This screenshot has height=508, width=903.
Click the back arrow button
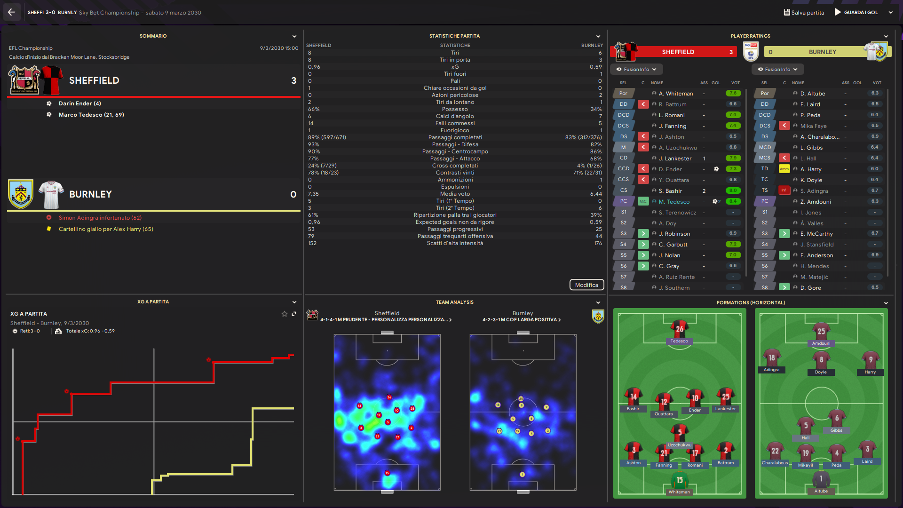pyautogui.click(x=11, y=13)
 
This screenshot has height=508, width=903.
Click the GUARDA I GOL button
pyautogui.click(x=856, y=13)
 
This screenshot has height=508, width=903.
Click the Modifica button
pyautogui.click(x=586, y=285)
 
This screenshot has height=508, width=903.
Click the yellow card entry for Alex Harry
pyautogui.click(x=106, y=229)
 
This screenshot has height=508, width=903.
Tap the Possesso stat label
pyautogui.click(x=455, y=109)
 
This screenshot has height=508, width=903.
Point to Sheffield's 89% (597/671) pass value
pyautogui.click(x=327, y=137)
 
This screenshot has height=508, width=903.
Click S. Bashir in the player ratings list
pyautogui.click(x=670, y=191)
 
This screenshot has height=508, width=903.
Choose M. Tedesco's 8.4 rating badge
pyautogui.click(x=733, y=201)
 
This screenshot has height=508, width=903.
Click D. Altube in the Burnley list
pyautogui.click(x=813, y=94)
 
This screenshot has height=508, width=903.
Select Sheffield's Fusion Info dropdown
pyautogui.click(x=636, y=69)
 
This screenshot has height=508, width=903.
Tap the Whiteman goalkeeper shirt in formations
pyautogui.click(x=680, y=481)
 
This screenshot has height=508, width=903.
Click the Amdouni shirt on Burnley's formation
pyautogui.click(x=821, y=332)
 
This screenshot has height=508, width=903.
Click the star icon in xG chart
pyautogui.click(x=284, y=314)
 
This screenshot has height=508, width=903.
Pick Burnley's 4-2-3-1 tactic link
pyautogui.click(x=521, y=320)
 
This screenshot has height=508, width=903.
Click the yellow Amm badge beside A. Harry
pyautogui.click(x=784, y=169)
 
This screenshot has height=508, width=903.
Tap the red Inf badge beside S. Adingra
pyautogui.click(x=784, y=190)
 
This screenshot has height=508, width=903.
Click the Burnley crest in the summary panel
pyautogui.click(x=21, y=194)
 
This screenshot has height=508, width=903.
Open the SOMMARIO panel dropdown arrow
pyautogui.click(x=294, y=36)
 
